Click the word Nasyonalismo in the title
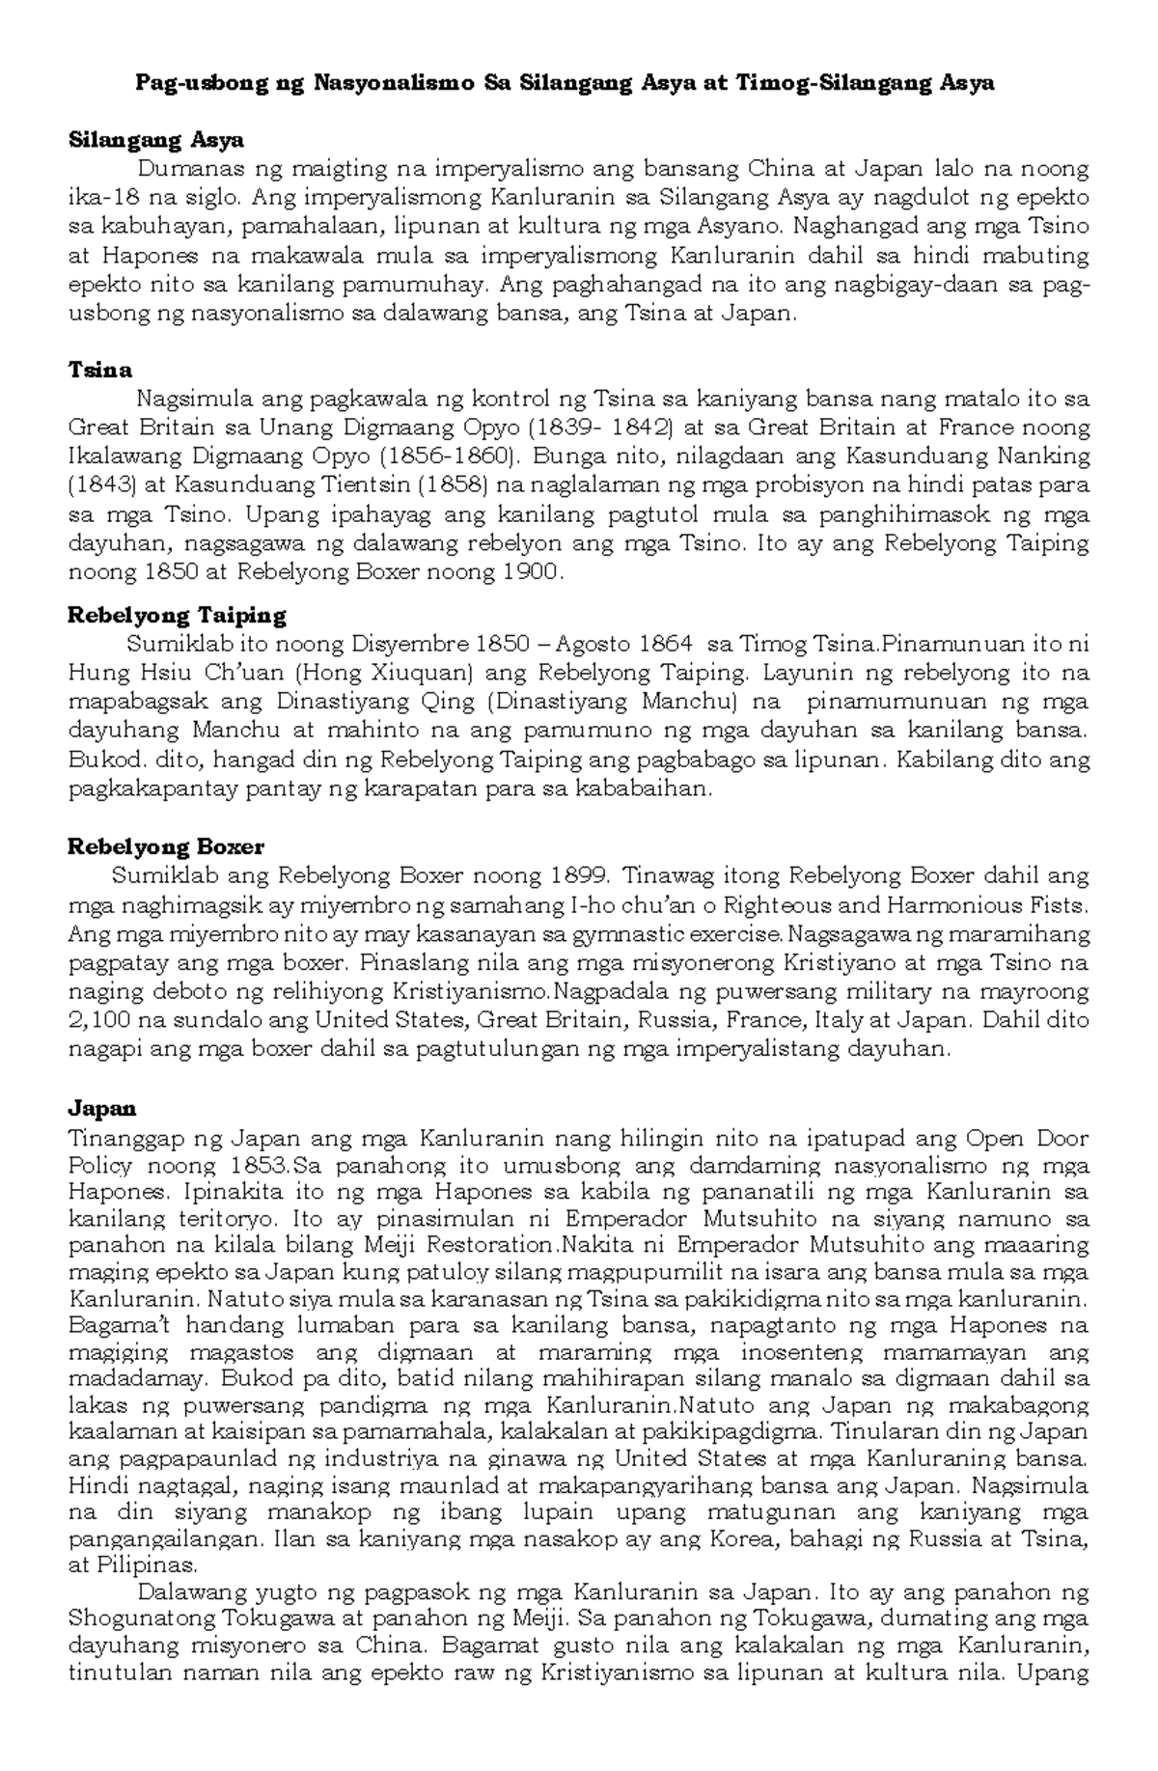point(391,83)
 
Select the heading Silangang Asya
point(154,140)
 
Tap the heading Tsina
point(99,370)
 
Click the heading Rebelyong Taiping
point(177,615)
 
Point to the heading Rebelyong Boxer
point(165,846)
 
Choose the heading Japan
point(101,1108)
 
